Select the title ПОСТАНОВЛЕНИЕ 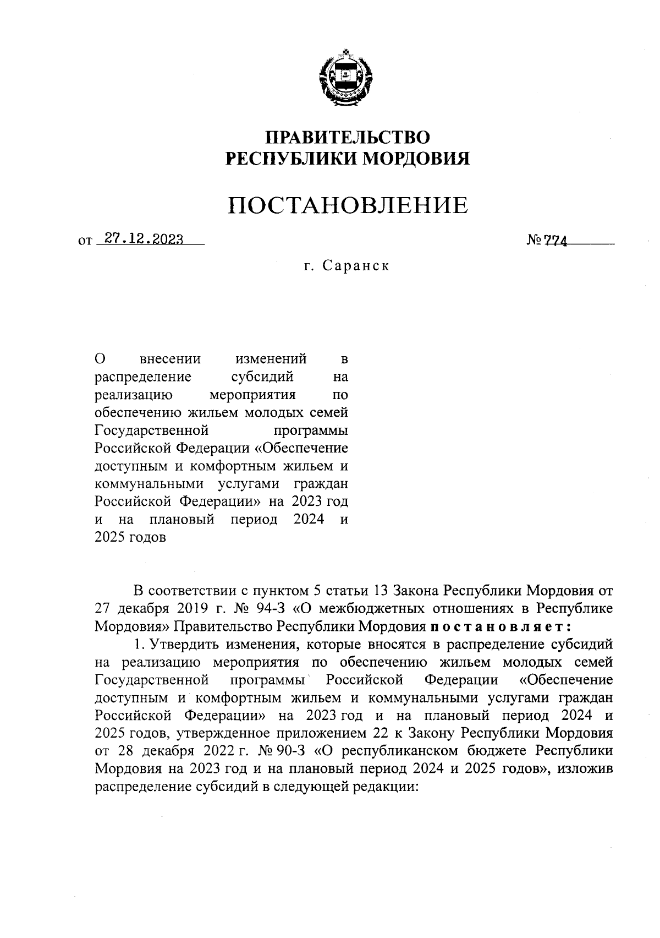(x=348, y=205)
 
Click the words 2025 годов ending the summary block (x=130, y=537)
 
